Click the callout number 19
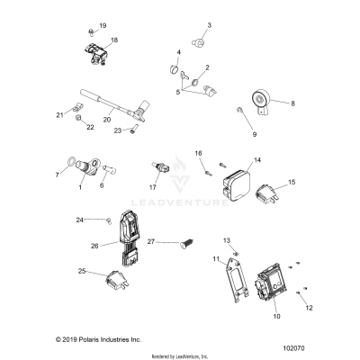point(102,25)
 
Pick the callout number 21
point(60,115)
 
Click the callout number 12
point(310,308)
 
